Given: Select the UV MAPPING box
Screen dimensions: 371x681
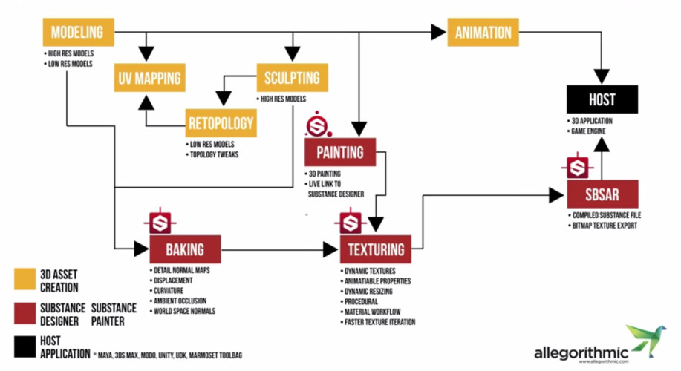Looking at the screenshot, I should coord(149,77).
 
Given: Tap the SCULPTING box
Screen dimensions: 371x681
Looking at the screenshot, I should coord(292,78).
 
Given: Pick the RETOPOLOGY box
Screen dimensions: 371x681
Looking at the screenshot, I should coord(221,123).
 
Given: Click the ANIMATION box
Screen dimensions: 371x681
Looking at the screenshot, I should coord(483,33).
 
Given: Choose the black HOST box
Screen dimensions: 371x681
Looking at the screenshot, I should coord(602,99).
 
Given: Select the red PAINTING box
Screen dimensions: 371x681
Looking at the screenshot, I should coord(340,152).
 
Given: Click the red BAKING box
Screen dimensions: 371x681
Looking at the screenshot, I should coord(184,249).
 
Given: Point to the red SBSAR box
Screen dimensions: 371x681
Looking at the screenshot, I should coord(602,194).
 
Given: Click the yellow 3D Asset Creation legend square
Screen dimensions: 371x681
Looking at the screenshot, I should coord(25,279).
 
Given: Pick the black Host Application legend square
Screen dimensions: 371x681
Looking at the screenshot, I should coord(25,348).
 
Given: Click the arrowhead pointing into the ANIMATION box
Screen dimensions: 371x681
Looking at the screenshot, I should coord(437,33).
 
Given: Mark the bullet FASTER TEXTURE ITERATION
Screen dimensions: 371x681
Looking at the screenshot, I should coord(379,322).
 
